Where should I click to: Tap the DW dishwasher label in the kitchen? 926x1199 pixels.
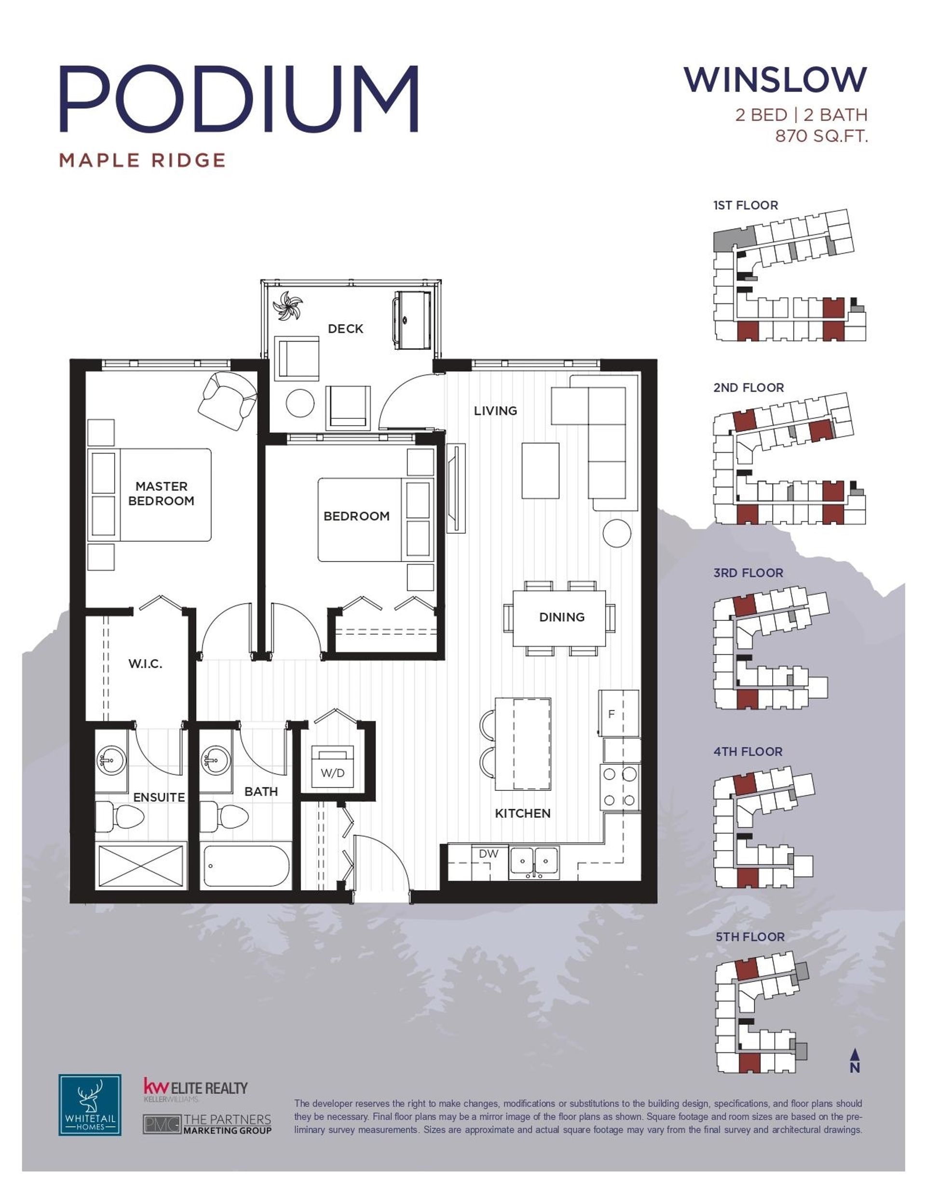click(488, 854)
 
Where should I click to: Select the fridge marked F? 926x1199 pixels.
click(619, 713)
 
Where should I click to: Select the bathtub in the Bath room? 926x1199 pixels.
click(245, 866)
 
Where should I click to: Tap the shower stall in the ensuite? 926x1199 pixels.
click(140, 866)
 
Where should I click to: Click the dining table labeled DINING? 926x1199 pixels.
click(559, 618)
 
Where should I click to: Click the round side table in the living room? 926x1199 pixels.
click(616, 532)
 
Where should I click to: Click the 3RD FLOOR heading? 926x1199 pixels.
click(748, 573)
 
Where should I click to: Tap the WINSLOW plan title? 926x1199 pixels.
click(775, 80)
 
